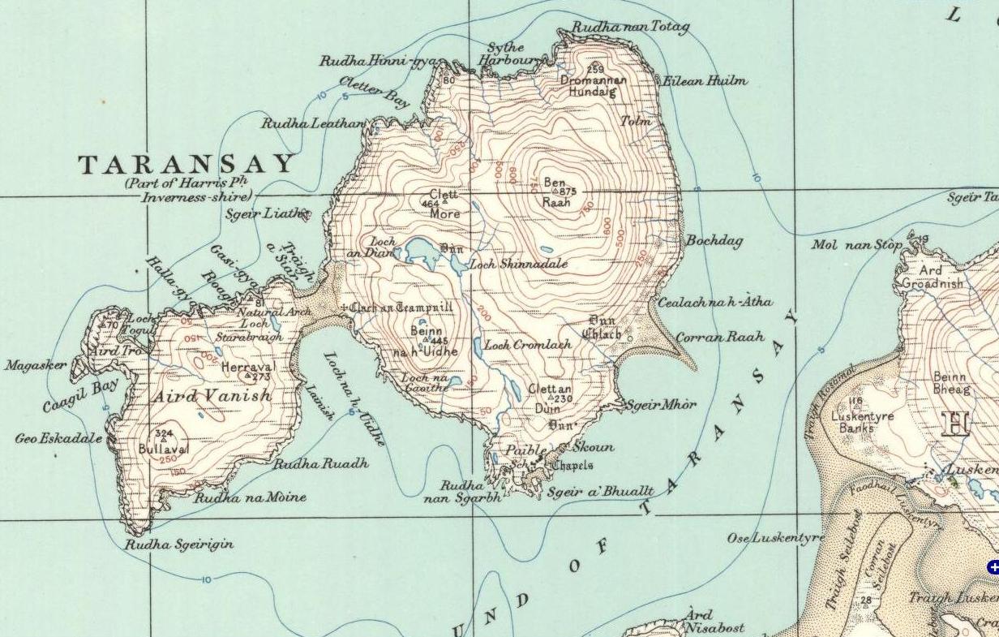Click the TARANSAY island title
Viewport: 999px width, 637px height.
coord(187,165)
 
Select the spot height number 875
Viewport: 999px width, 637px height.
coord(567,192)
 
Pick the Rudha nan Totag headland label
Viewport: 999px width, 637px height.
coord(630,28)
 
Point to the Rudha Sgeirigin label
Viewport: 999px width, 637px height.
coord(178,544)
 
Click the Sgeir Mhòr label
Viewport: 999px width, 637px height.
coord(661,404)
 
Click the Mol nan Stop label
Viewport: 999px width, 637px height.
coord(857,244)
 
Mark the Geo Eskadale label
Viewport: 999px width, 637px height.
coord(58,438)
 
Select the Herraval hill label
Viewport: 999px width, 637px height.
coord(248,367)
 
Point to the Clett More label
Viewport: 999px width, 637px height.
coord(444,204)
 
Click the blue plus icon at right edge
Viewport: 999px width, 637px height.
coord(993,567)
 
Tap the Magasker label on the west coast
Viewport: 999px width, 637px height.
coord(36,366)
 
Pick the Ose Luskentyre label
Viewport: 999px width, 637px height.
coord(775,538)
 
